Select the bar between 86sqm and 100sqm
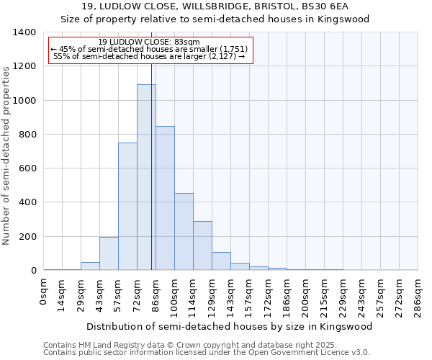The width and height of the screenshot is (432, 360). (x=165, y=198)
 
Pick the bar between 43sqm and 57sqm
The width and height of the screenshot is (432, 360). (x=109, y=253)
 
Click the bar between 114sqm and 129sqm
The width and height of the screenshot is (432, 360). (x=202, y=246)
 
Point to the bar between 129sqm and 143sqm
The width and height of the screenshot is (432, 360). (x=221, y=261)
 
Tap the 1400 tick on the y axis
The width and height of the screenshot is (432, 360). (x=26, y=32)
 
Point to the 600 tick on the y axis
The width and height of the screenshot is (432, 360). (x=29, y=168)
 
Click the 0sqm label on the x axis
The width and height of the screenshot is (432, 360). (x=44, y=292)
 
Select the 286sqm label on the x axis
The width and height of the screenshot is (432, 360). (x=418, y=294)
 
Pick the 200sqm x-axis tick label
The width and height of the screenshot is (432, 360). (x=306, y=294)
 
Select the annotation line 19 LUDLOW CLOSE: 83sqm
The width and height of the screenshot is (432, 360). (x=149, y=42)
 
